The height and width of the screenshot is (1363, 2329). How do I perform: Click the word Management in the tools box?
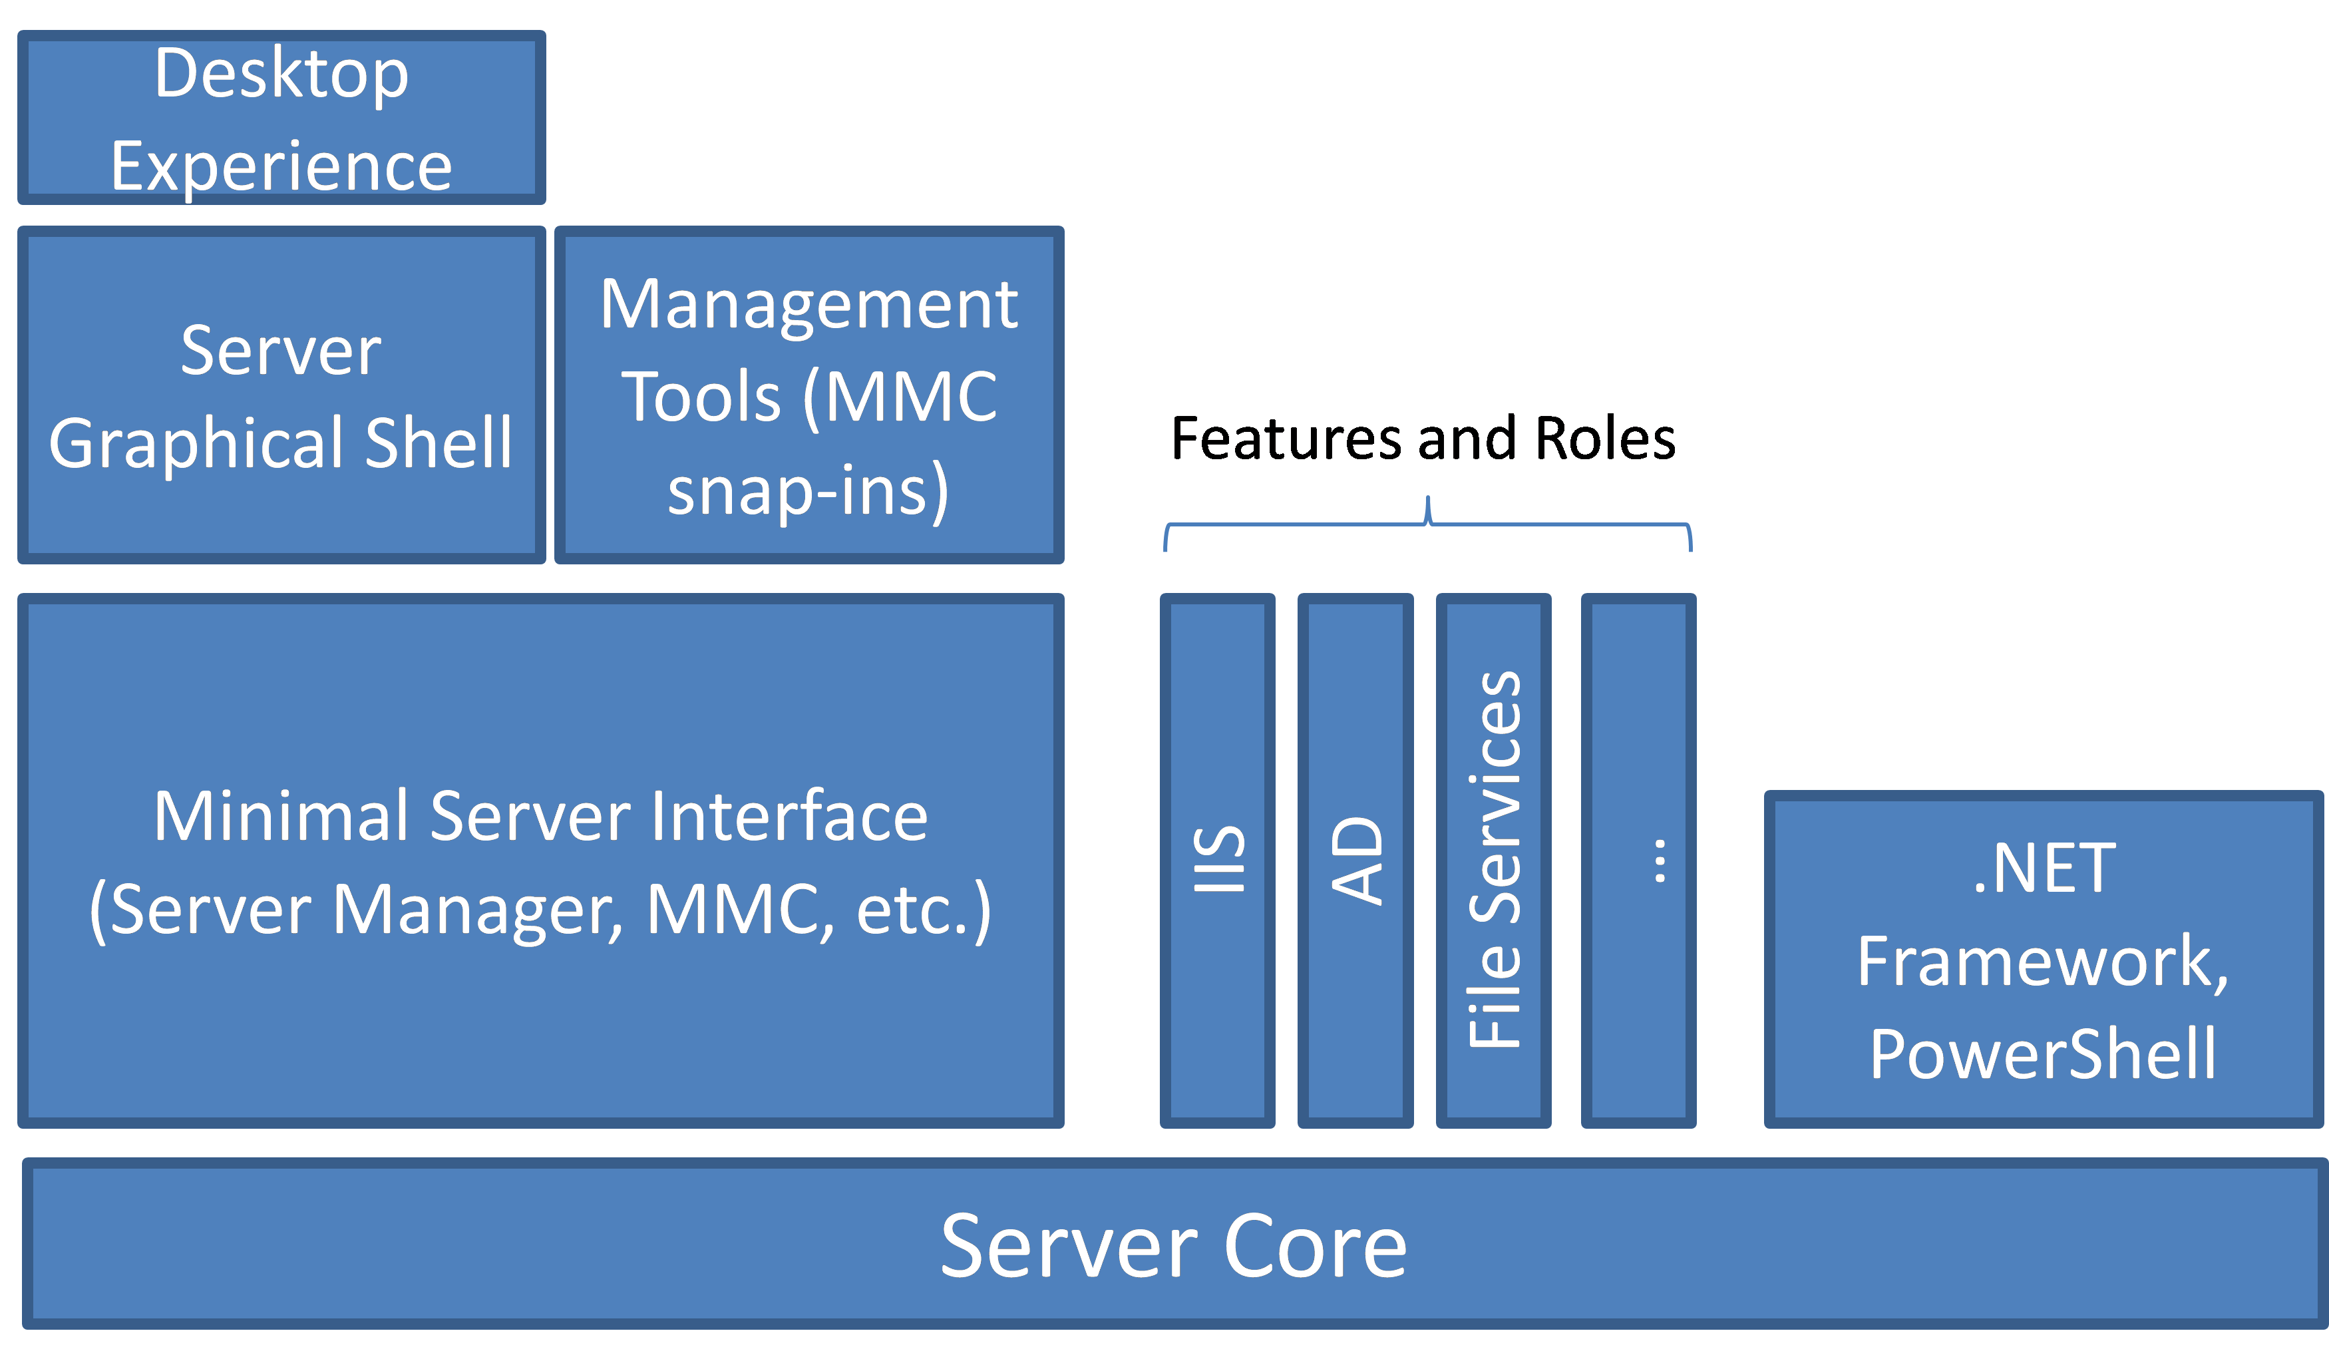pos(808,305)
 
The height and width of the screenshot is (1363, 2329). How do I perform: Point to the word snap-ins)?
pos(808,490)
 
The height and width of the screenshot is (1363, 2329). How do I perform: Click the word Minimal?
pos(281,816)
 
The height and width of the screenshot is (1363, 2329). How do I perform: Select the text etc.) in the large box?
pos(924,910)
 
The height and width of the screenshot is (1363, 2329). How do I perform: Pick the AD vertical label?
pos(1357,859)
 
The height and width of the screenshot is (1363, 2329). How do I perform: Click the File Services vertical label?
pos(1495,859)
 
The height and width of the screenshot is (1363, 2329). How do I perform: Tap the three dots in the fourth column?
pos(1660,861)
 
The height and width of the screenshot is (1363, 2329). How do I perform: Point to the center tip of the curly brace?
pos(1428,498)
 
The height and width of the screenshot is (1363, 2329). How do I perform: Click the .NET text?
pos(2044,869)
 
